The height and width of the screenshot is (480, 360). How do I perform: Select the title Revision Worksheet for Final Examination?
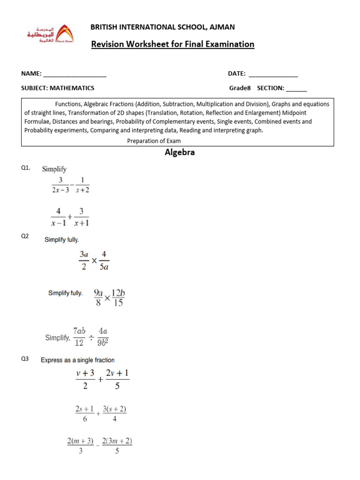point(172,45)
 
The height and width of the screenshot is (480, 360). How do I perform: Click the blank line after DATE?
point(273,74)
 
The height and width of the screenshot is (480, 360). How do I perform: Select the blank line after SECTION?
point(296,88)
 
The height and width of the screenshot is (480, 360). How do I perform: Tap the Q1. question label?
point(26,168)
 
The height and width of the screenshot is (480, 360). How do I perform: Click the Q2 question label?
point(25,236)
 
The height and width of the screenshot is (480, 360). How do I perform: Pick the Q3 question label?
point(25,360)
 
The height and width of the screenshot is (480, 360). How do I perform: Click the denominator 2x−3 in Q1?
point(60,190)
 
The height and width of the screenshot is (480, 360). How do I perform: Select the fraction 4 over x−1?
point(59,217)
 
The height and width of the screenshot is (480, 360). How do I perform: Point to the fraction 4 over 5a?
point(104,261)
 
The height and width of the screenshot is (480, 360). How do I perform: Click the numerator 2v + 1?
point(117,373)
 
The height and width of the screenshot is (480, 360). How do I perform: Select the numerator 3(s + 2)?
point(114,409)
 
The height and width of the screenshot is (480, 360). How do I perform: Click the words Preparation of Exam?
point(154,141)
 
